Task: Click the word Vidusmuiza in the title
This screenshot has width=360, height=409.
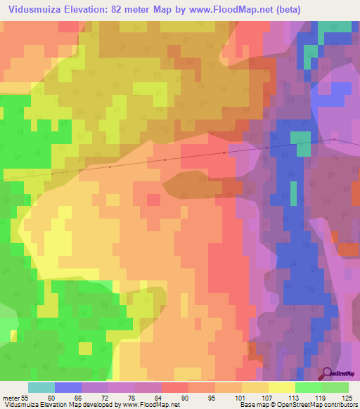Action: coord(32,10)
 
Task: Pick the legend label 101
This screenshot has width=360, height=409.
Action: coord(229,398)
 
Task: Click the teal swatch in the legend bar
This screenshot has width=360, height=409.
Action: coord(41,387)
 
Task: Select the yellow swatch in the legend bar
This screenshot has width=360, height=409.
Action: coord(282,387)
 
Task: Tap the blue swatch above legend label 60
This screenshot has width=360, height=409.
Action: coord(68,387)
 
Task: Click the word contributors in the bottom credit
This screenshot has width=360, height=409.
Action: coord(339,405)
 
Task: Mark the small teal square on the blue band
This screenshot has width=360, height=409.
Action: coord(302,143)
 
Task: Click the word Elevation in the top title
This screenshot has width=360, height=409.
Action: coord(86,10)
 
